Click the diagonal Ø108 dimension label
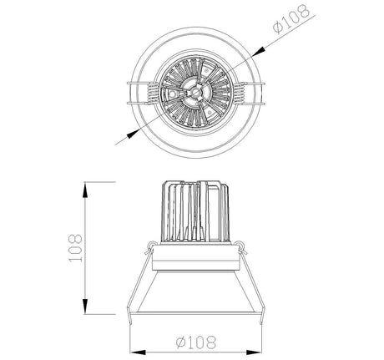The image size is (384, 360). point(291,19)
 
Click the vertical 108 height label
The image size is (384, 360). point(75,248)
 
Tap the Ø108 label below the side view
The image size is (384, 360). point(196,342)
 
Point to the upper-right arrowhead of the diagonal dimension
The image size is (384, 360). point(259,51)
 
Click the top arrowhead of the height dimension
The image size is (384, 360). point(86,190)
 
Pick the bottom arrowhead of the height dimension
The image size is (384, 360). point(86,307)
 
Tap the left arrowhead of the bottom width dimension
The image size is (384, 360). point(139,352)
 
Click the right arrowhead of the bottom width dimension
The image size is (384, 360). point(254,352)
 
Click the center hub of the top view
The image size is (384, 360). point(195,92)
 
